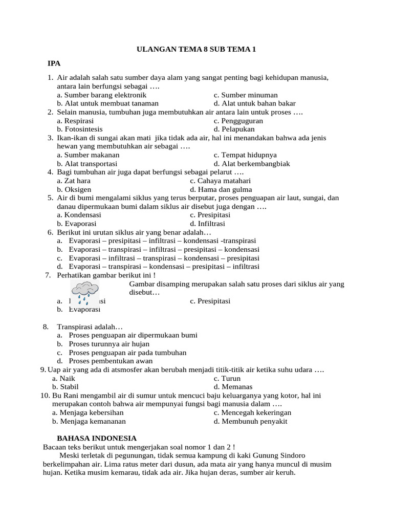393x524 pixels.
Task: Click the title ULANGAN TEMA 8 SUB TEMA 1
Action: (x=196, y=50)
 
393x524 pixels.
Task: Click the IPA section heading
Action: (x=54, y=63)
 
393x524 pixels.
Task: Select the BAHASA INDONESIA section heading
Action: (x=96, y=438)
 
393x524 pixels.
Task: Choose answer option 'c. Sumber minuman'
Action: (x=246, y=95)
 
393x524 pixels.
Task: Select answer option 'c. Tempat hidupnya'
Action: (x=245, y=155)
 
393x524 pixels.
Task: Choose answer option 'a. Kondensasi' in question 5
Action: (x=79, y=215)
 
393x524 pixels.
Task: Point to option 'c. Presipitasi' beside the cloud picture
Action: (x=210, y=301)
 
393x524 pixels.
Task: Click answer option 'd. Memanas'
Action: (x=233, y=387)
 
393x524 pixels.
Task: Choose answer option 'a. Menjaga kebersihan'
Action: (x=88, y=412)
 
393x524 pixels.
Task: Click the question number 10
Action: (x=43, y=396)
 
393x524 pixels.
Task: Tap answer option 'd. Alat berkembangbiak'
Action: (x=252, y=163)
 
